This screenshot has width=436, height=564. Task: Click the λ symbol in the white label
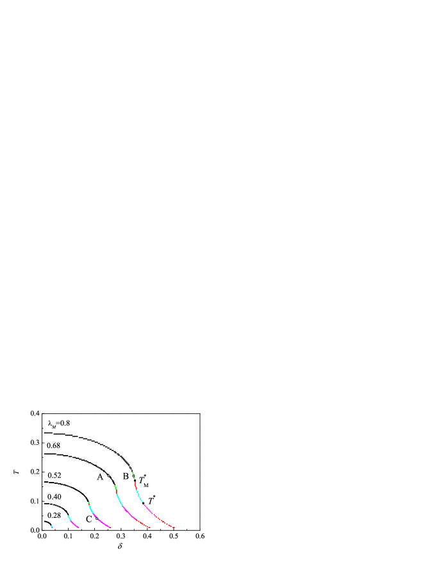[x=50, y=423]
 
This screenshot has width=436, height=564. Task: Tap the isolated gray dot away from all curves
[x=108, y=476]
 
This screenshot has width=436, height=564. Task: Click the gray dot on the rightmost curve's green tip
[x=133, y=476]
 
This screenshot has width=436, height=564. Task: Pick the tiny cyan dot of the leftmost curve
[x=51, y=526]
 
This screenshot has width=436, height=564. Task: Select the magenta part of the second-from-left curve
[x=75, y=525]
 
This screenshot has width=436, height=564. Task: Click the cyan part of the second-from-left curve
[x=69, y=517]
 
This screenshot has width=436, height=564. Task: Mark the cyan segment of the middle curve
[x=91, y=509]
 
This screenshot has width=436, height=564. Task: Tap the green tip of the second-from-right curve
[x=115, y=487]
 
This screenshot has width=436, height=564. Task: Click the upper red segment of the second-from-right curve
[x=116, y=492]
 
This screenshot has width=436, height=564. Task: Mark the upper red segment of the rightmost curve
[x=136, y=485]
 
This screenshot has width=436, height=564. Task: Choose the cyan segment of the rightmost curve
[x=140, y=497]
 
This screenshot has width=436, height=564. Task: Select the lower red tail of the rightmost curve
[x=167, y=524]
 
